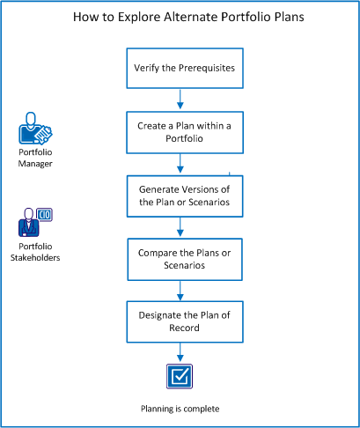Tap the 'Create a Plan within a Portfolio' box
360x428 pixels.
[180, 131]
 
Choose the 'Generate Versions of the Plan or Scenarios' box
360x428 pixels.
[180, 196]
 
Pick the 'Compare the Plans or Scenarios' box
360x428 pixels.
[180, 260]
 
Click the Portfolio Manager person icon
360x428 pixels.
[34, 129]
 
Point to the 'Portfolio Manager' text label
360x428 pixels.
[34, 157]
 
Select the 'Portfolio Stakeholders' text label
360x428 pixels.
[34, 252]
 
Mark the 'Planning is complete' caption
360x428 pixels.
[180, 409]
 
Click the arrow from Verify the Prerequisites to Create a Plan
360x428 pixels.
[180, 98]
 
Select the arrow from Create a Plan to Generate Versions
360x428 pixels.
[180, 163]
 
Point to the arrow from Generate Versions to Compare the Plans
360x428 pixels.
[180, 228]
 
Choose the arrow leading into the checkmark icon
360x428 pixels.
[180, 353]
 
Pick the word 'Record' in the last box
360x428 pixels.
[180, 328]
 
